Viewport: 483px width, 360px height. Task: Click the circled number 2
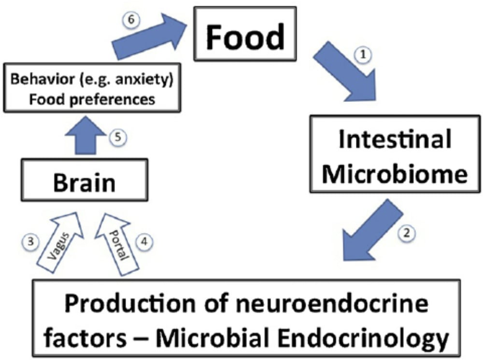407,234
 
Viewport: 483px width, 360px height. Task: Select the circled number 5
120,137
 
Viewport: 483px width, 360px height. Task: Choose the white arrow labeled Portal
118,241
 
